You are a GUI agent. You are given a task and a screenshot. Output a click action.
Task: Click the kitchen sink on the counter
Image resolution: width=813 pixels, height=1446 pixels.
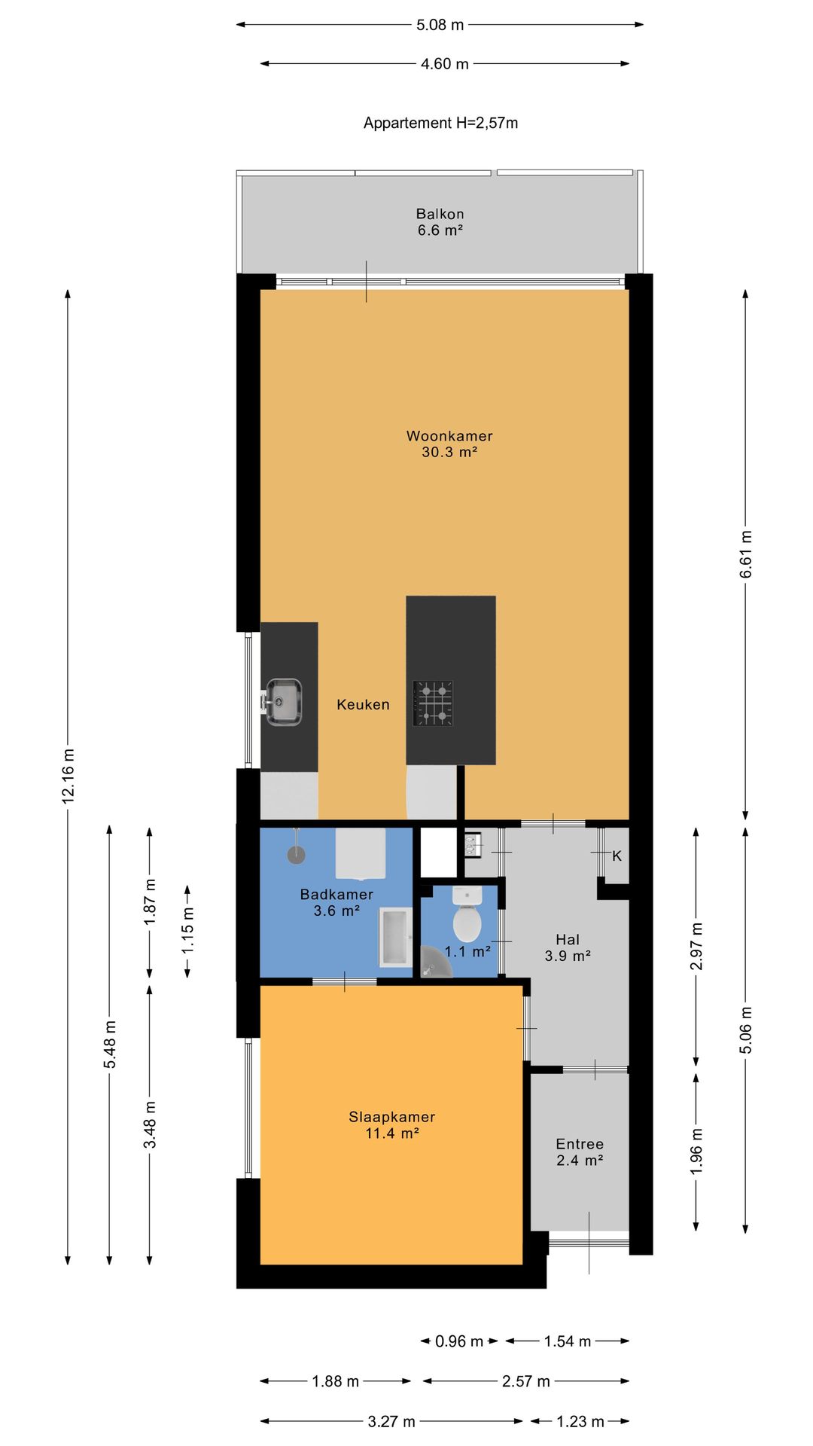[283, 702]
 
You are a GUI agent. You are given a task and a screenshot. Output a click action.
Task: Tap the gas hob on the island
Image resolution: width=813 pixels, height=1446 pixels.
[433, 703]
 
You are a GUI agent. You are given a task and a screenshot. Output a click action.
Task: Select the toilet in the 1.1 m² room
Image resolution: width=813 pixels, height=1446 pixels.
[467, 914]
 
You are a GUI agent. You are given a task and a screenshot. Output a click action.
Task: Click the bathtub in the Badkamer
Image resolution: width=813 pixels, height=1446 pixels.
[395, 937]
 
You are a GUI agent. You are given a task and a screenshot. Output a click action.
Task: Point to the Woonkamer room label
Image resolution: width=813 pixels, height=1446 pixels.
[449, 444]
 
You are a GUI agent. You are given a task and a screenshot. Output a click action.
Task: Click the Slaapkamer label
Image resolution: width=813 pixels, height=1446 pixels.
[391, 1124]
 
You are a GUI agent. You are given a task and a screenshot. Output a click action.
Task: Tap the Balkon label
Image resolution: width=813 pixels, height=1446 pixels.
[440, 222]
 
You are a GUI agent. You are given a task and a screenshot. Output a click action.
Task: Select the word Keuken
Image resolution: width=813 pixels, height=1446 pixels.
[364, 705]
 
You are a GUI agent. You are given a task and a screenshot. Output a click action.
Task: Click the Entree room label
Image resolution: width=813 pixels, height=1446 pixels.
[580, 1152]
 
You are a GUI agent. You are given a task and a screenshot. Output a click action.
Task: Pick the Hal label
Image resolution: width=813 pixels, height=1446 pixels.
[568, 947]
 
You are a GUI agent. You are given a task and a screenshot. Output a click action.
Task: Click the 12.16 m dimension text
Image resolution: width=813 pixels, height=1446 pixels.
[69, 776]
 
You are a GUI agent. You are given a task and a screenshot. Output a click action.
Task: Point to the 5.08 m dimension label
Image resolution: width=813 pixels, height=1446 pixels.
[440, 25]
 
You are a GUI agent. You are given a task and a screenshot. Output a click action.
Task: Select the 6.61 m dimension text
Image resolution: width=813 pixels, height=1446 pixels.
[746, 554]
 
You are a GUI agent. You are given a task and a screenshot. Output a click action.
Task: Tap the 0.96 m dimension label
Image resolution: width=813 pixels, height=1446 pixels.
[459, 1341]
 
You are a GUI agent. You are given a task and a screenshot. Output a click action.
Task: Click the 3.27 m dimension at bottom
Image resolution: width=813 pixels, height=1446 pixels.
[391, 1422]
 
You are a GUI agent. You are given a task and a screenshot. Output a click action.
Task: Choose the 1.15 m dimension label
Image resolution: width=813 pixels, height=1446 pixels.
[187, 930]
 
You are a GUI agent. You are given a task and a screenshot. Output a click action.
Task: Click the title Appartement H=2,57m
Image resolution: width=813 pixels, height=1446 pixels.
[440, 123]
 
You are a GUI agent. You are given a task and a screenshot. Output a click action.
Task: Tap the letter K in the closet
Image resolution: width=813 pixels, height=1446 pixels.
[617, 856]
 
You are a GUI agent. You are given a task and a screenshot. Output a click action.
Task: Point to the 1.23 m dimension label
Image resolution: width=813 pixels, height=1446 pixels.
[580, 1422]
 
